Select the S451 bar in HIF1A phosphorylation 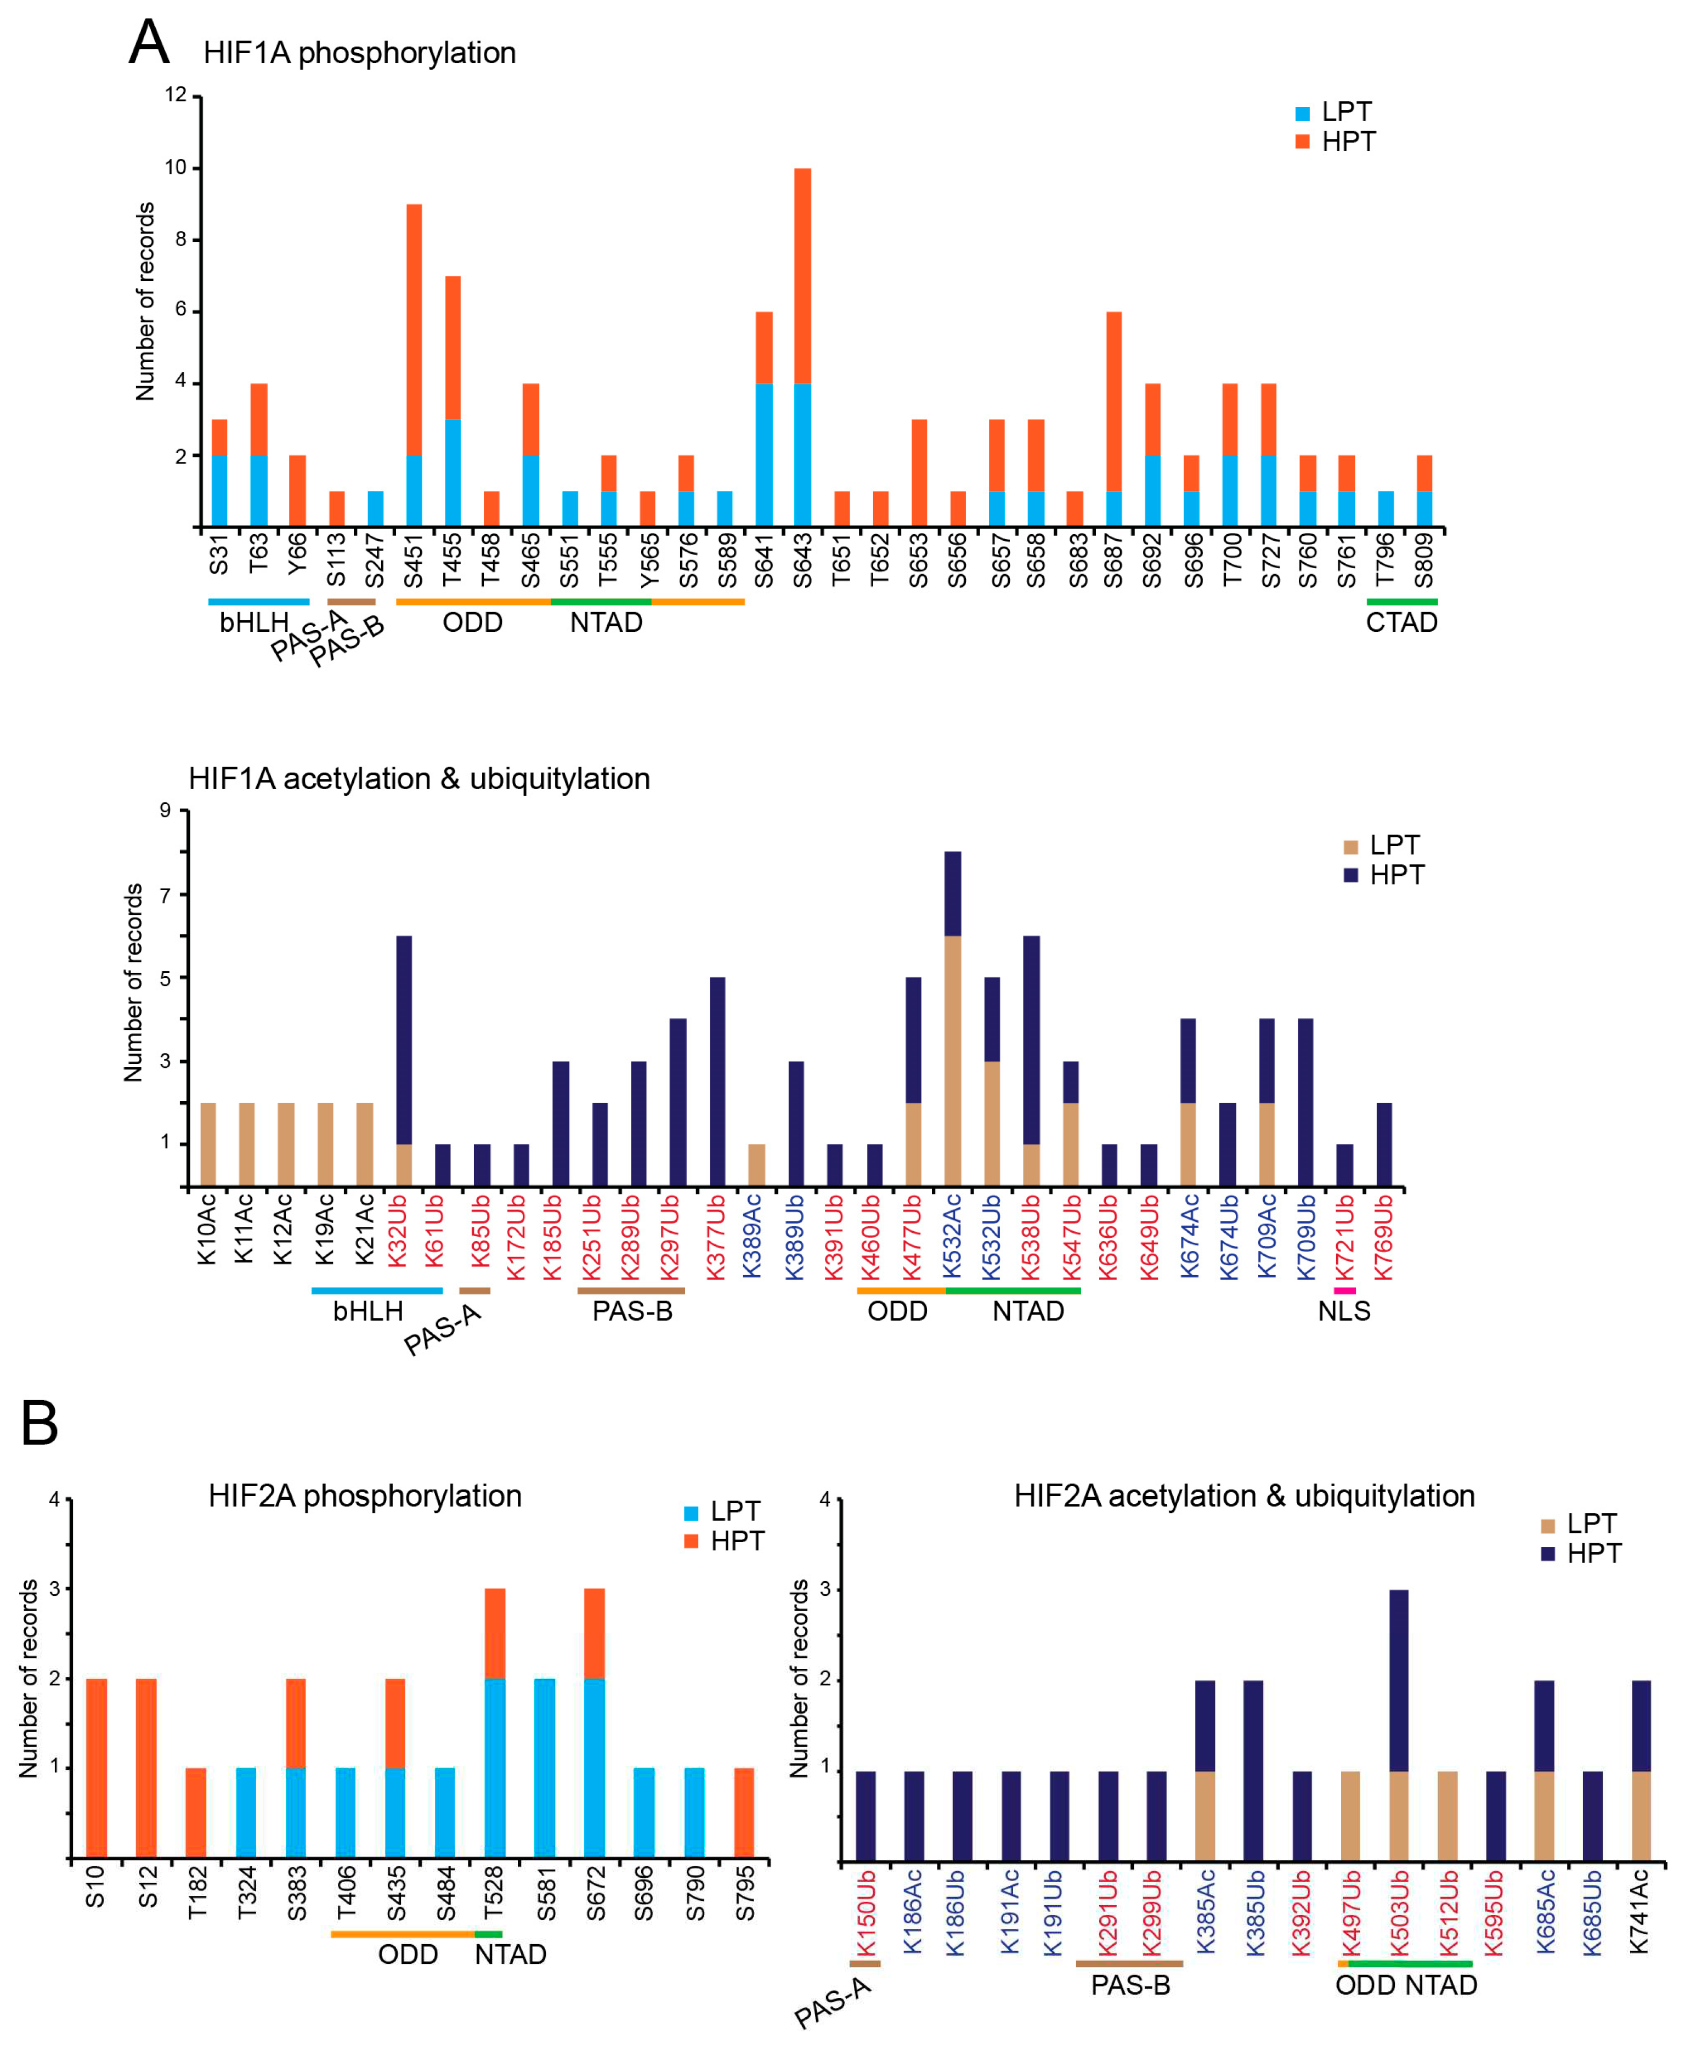414,365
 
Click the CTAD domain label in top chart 1401,622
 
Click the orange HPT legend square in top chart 1303,141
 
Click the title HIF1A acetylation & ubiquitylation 419,778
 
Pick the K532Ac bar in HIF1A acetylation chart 952,1018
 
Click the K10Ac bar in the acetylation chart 208,1145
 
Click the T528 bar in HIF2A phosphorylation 494,1723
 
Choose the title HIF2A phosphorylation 364,1496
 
